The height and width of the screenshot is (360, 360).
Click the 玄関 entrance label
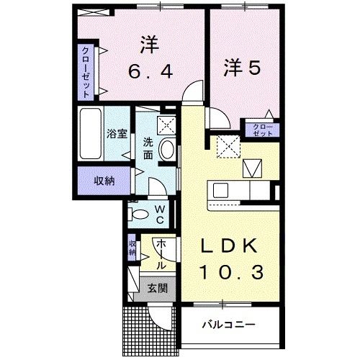pyautogui.click(x=158, y=289)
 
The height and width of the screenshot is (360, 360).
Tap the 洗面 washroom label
pyautogui.click(x=148, y=148)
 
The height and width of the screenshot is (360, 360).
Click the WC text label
pyautogui.click(x=160, y=214)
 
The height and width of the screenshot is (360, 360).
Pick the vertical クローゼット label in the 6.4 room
pyautogui.click(x=86, y=72)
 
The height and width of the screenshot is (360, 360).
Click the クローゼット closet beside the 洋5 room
pyautogui.click(x=264, y=130)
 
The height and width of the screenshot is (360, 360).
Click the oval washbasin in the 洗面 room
pyautogui.click(x=166, y=150)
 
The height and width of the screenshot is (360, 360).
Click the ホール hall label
pyautogui.click(x=161, y=254)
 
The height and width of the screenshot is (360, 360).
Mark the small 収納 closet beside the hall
pyautogui.click(x=132, y=248)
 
